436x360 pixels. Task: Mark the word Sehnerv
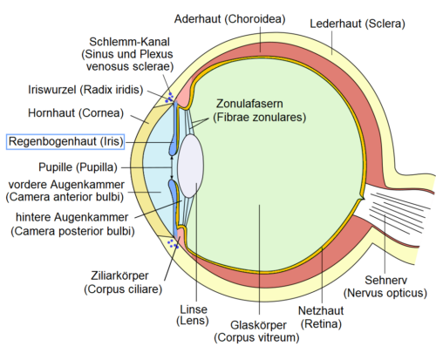tap(389, 283)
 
